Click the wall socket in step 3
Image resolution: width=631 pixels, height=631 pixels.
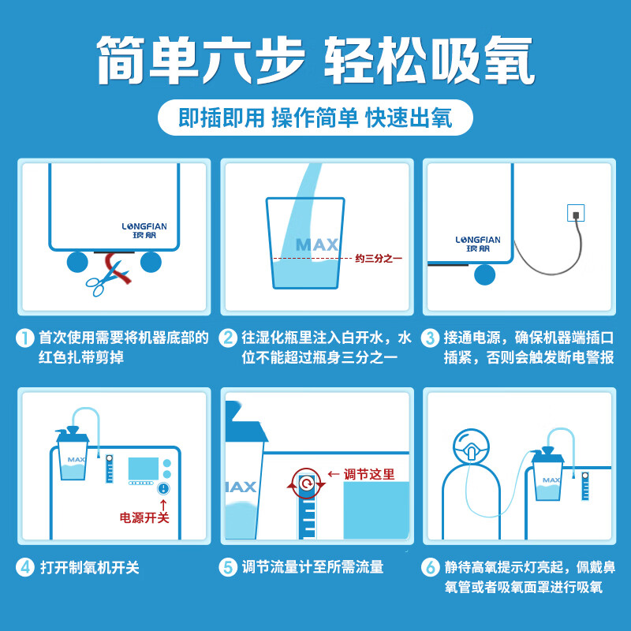(576, 213)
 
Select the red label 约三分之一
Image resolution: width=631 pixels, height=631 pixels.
(379, 259)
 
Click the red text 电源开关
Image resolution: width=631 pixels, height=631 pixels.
(144, 517)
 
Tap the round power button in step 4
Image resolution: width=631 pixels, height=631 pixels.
(163, 488)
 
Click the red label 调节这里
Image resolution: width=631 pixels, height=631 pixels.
(369, 475)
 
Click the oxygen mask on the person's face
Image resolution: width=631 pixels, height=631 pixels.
(470, 450)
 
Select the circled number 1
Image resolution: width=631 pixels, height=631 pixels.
(25, 338)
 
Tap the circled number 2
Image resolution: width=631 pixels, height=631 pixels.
(228, 338)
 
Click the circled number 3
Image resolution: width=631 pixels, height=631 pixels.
(430, 338)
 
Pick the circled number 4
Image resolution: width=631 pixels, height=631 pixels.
(25, 568)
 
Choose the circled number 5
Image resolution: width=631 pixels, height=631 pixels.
(228, 568)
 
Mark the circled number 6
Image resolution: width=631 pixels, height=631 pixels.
(430, 568)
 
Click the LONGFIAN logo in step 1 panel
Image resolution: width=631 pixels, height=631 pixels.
(144, 230)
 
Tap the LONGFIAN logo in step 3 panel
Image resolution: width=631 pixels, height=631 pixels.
(478, 244)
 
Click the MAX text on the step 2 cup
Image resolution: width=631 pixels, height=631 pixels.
(317, 245)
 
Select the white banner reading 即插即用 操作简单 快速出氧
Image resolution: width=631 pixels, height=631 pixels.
(315, 118)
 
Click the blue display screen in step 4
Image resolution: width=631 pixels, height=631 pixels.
(144, 469)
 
